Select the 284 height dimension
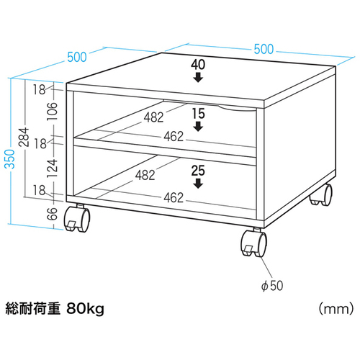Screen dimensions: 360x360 click(24, 138)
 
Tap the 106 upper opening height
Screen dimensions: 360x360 click(53, 112)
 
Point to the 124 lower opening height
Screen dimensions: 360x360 click(53, 168)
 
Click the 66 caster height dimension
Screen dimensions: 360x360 click(53, 214)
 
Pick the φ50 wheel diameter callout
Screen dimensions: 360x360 click(272, 286)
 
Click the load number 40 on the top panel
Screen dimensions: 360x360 click(198, 65)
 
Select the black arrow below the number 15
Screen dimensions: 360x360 click(198, 127)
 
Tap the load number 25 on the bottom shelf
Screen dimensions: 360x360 click(198, 171)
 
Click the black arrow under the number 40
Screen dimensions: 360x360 click(198, 78)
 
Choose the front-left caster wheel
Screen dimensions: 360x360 click(77, 219)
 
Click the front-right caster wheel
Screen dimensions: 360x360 click(254, 243)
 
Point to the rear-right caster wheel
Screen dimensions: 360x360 click(321, 195)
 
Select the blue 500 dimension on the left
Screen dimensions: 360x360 click(77, 57)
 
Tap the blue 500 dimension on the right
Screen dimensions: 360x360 click(264, 49)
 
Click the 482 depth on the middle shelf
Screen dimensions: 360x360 click(153, 117)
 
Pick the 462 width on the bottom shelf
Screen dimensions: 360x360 click(174, 198)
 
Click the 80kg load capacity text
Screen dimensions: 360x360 click(85, 309)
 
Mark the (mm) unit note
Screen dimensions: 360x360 click(336, 309)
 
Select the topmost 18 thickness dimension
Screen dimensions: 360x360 click(39, 90)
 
